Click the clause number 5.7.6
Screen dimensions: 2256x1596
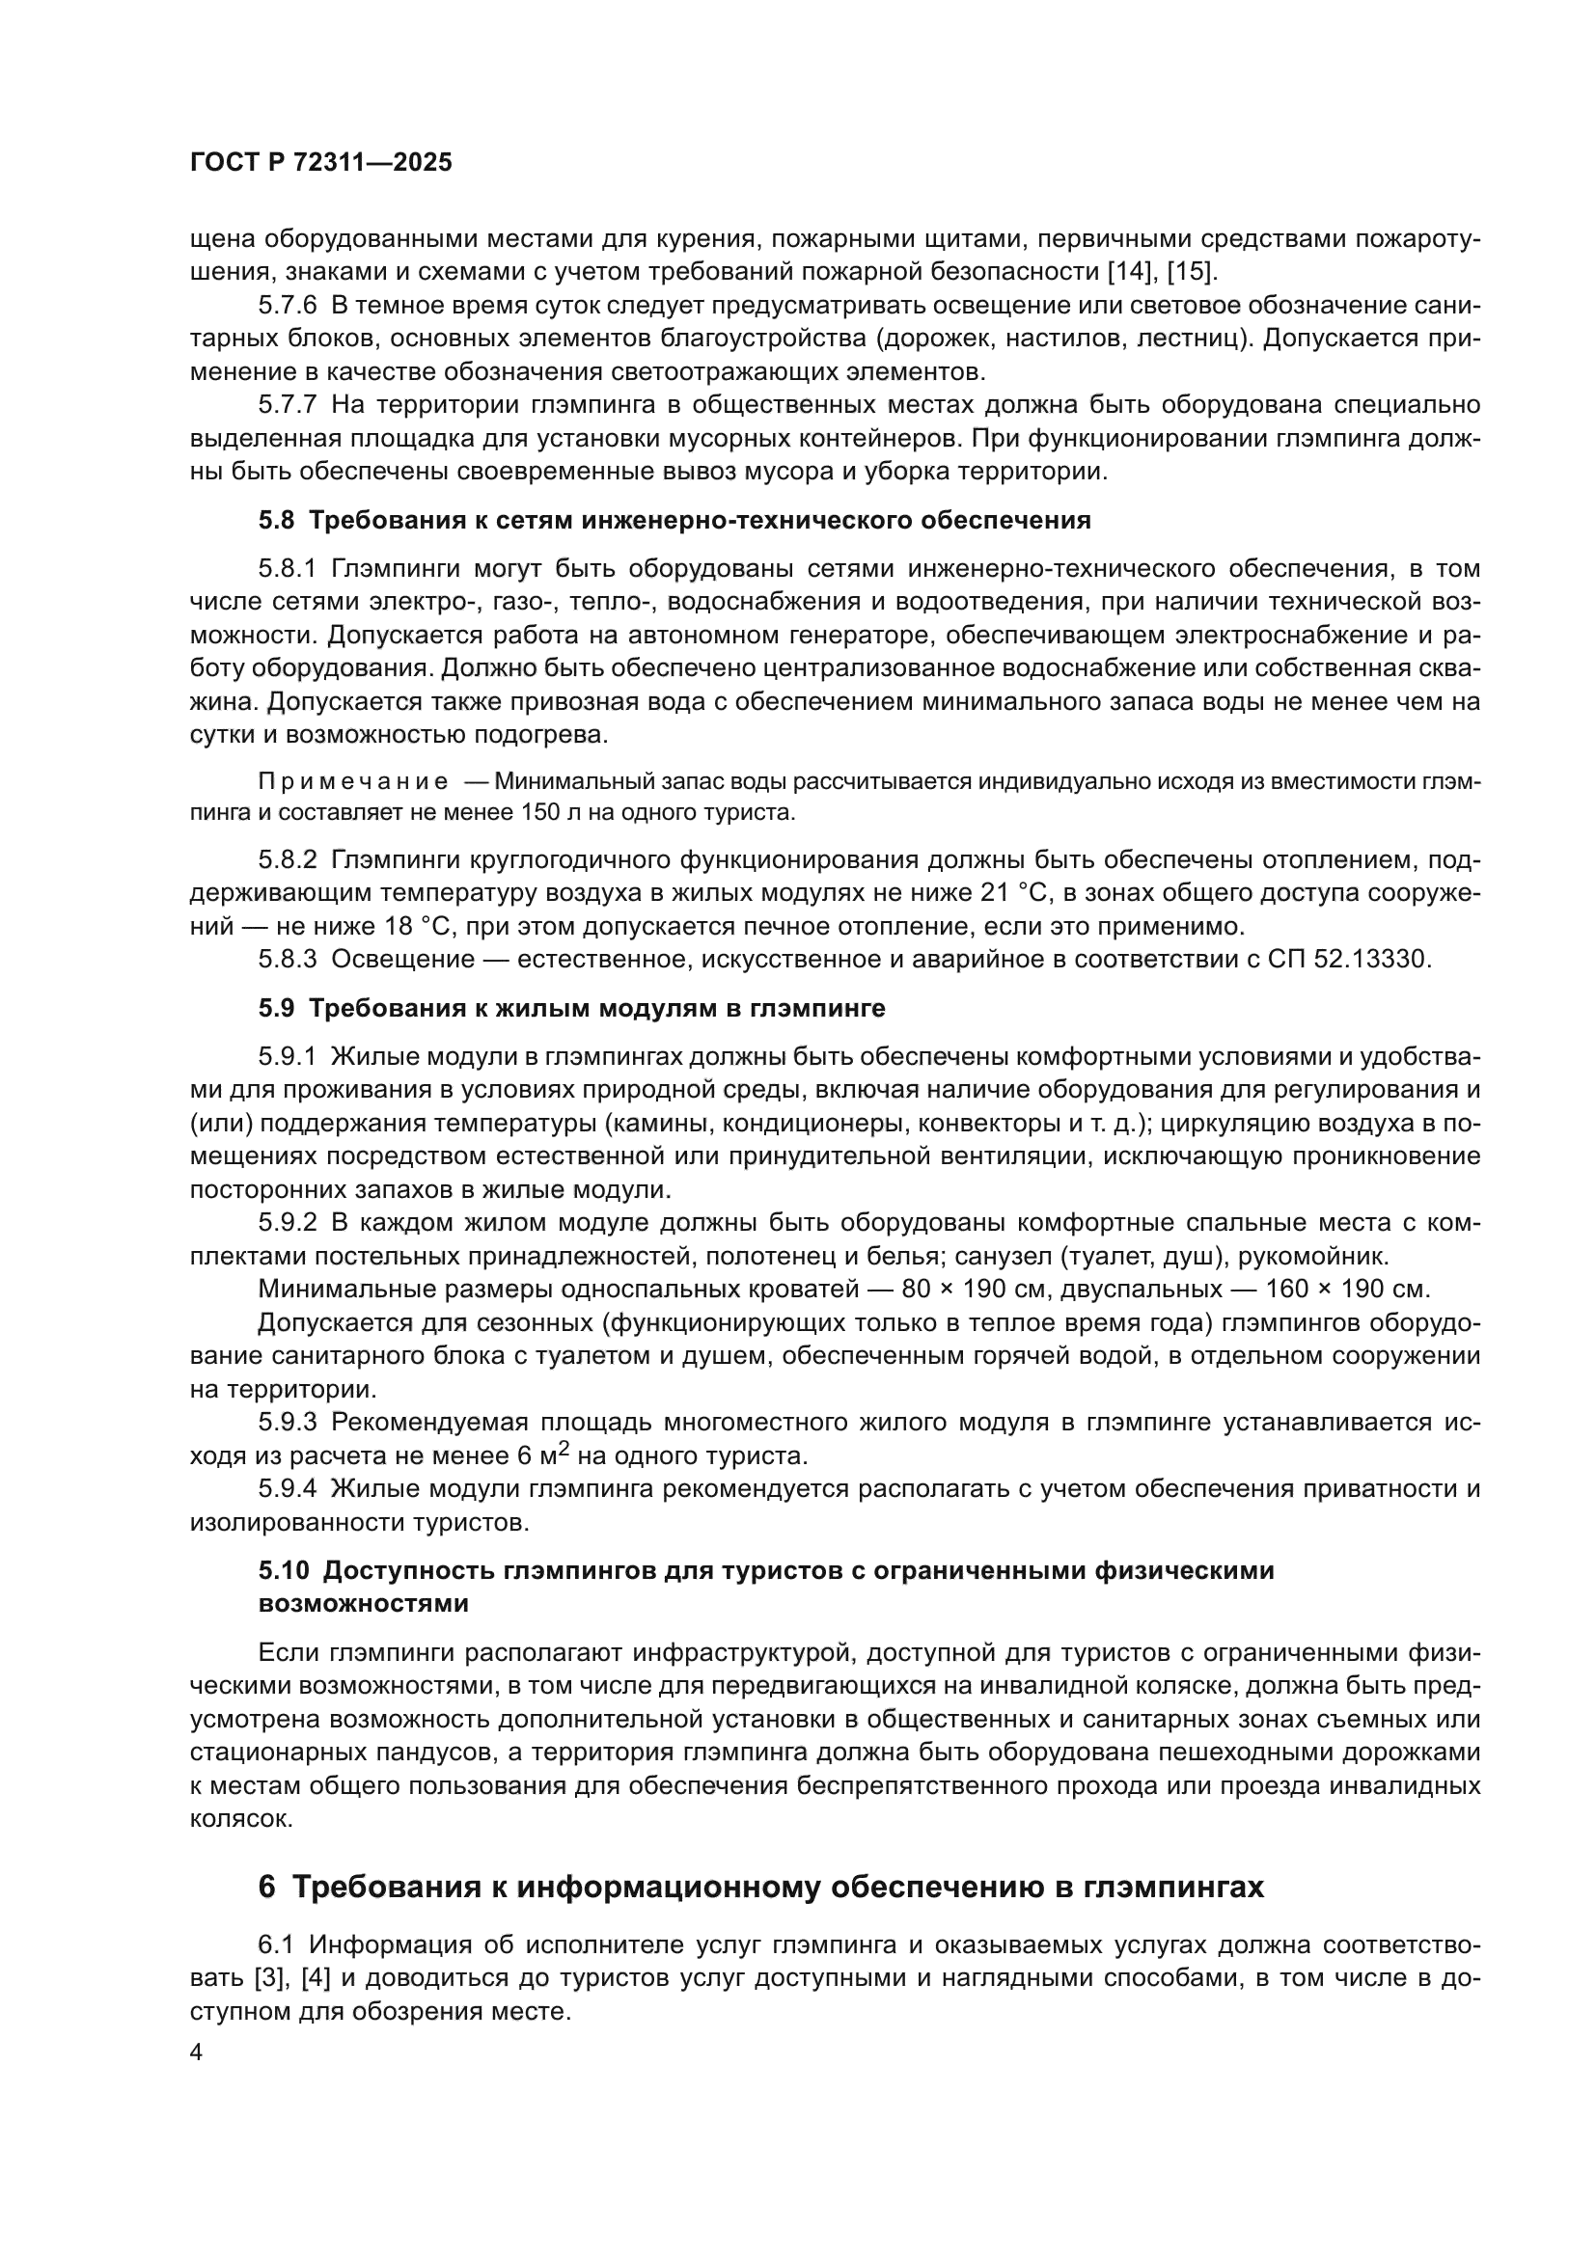[x=287, y=305]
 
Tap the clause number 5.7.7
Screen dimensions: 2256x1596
[x=287, y=405]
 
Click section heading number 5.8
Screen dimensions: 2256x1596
[x=276, y=520]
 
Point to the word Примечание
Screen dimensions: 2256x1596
[x=353, y=781]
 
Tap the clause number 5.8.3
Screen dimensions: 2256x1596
[x=287, y=959]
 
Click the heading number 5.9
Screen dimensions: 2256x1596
[x=276, y=1008]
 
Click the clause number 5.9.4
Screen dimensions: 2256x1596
[x=287, y=1488]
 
